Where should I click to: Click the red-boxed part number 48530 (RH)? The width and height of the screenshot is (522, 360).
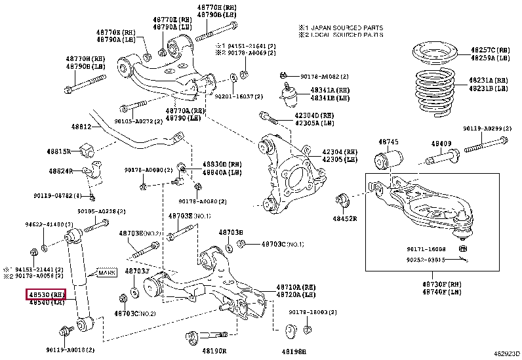tap(46, 294)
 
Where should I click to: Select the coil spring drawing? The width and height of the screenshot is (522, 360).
tap(434, 85)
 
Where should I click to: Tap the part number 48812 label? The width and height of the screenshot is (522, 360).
tap(81, 126)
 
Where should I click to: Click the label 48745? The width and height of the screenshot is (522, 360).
tap(388, 142)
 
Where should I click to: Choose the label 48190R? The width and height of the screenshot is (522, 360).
tap(214, 351)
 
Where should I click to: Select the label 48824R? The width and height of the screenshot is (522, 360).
tap(61, 171)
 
